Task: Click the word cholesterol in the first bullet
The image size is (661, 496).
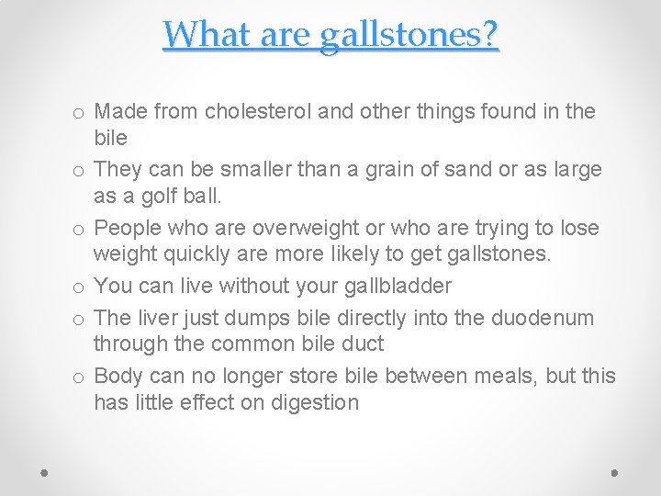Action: (258, 112)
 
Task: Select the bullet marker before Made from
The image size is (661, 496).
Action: (81, 113)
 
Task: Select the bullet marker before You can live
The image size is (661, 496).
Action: (81, 287)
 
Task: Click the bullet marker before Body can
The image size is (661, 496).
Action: (81, 377)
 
